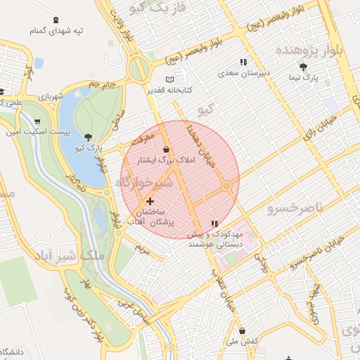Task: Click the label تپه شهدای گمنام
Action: pyautogui.click(x=56, y=31)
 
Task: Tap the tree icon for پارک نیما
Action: pyautogui.click(x=304, y=67)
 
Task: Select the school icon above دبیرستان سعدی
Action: pyautogui.click(x=244, y=62)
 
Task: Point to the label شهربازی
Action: pyautogui.click(x=51, y=96)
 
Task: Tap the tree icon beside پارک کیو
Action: pyautogui.click(x=87, y=138)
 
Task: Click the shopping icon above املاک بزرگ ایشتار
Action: pyautogui.click(x=166, y=149)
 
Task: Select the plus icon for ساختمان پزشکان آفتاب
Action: pyautogui.click(x=149, y=201)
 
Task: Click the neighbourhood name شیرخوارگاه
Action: pyautogui.click(x=141, y=182)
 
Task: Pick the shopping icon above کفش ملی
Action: pyautogui.click(x=242, y=330)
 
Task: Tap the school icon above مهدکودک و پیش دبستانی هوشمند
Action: pyautogui.click(x=214, y=224)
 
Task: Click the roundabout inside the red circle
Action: pyautogui.click(x=227, y=186)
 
